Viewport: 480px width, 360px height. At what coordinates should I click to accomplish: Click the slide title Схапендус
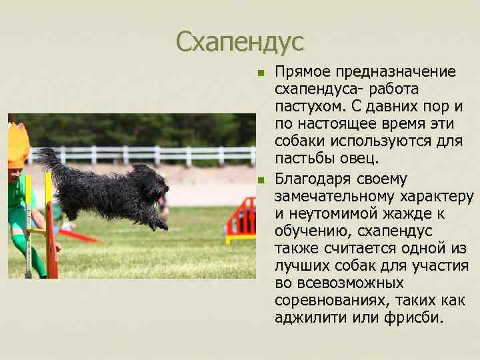pyautogui.click(x=239, y=43)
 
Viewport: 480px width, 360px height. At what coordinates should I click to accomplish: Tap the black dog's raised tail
pyautogui.click(x=49, y=160)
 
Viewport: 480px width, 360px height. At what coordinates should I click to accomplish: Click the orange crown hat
pyautogui.click(x=18, y=145)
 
